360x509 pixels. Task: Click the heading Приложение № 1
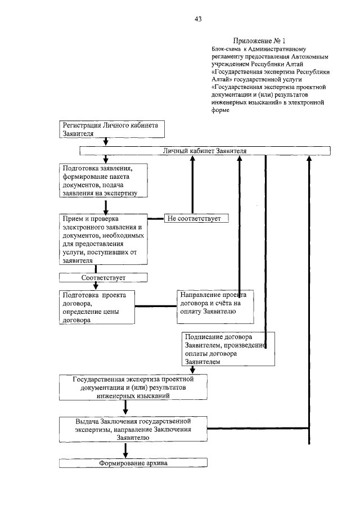[259, 40]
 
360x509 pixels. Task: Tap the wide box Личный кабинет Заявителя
[204, 151]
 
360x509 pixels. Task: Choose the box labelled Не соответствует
[196, 218]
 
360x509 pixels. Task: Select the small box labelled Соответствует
[103, 277]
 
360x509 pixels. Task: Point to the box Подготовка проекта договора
[97, 307]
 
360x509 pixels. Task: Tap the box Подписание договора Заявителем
[228, 349]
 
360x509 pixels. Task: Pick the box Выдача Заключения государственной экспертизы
[133, 429]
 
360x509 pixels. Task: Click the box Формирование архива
[133, 463]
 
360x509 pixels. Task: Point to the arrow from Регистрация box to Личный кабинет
[105, 142]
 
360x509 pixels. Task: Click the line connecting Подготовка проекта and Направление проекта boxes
[155, 307]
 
